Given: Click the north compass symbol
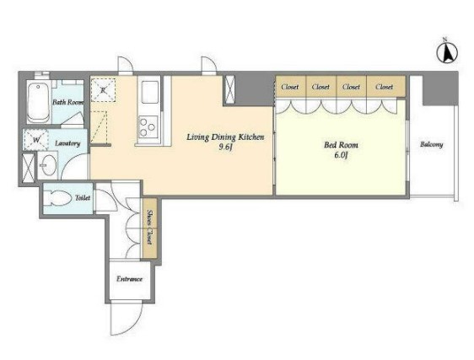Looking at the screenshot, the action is tap(447, 52).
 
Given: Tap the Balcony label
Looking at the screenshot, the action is tap(431, 144).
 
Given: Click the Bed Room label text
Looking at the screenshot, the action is tap(341, 145).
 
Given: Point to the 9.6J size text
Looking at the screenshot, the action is tap(225, 148).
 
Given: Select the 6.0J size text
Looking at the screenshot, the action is tap(341, 155).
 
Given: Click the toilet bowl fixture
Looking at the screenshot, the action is tap(59, 198).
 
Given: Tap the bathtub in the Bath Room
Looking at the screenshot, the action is tap(38, 102).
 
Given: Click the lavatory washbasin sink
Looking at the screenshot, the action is tap(48, 165).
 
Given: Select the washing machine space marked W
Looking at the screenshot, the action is tap(36, 140).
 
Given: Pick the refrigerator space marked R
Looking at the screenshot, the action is tap(103, 89).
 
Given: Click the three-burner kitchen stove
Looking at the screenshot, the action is tap(148, 127).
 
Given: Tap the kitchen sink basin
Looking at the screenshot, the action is tap(150, 92).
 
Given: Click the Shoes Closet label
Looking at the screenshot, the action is tap(149, 227).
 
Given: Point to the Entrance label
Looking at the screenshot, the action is tap(129, 279).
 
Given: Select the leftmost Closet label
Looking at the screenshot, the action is tap(290, 87).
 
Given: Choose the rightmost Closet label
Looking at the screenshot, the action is tap(385, 87).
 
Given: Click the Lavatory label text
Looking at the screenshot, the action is tap(67, 143).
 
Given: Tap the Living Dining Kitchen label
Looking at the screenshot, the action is tap(225, 137).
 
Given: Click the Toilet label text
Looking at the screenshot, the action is tap(83, 198).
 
